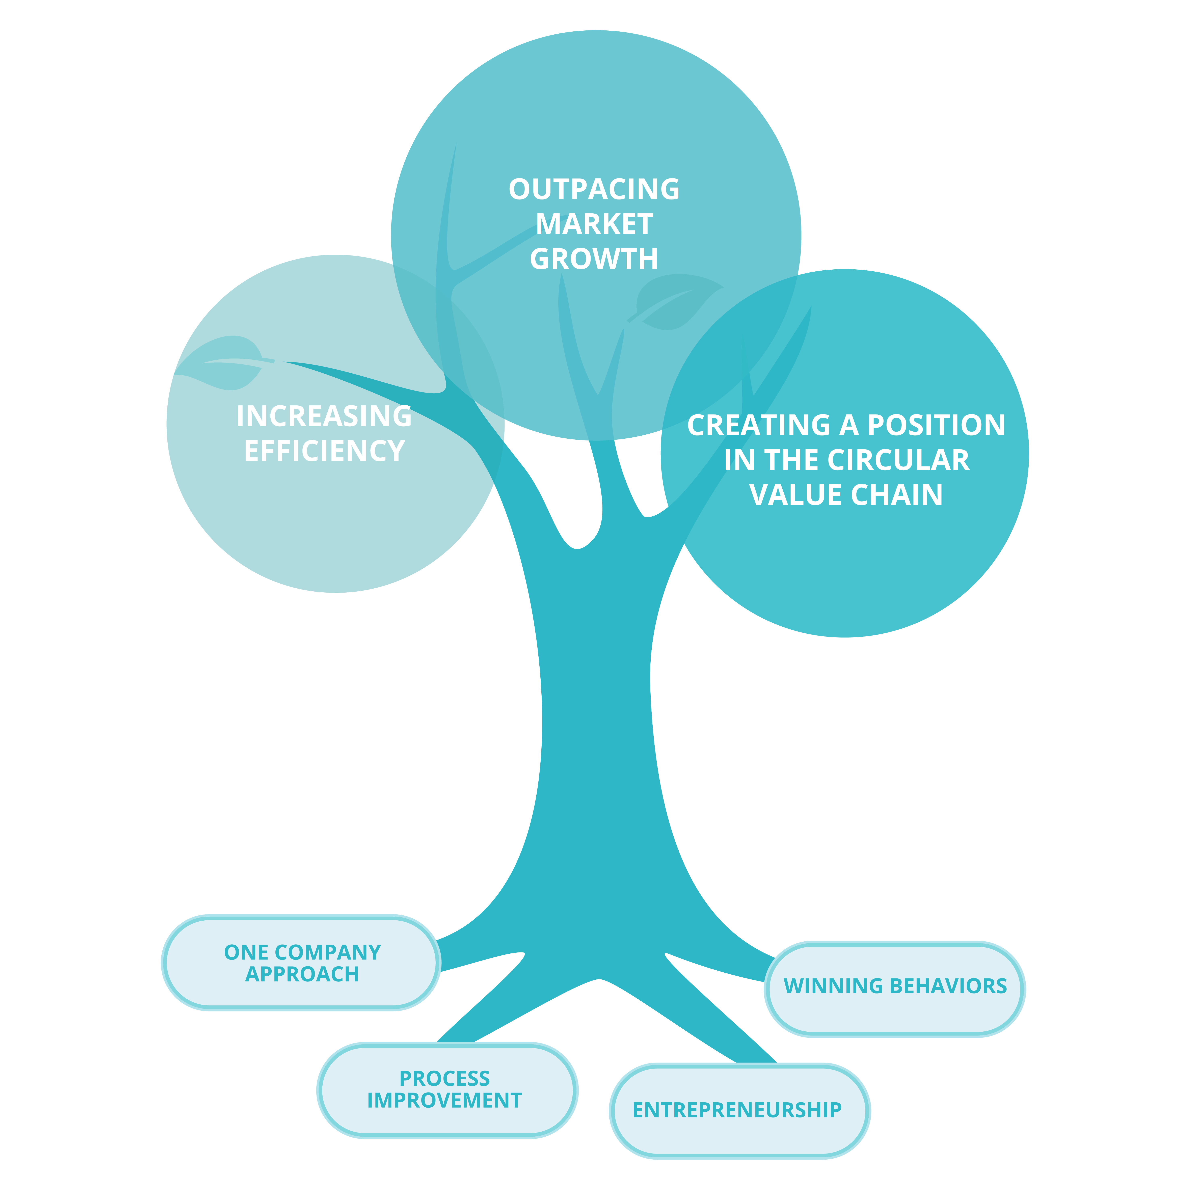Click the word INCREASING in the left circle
(324, 416)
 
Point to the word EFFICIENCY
(324, 451)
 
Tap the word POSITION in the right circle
(936, 426)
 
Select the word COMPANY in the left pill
(328, 952)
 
